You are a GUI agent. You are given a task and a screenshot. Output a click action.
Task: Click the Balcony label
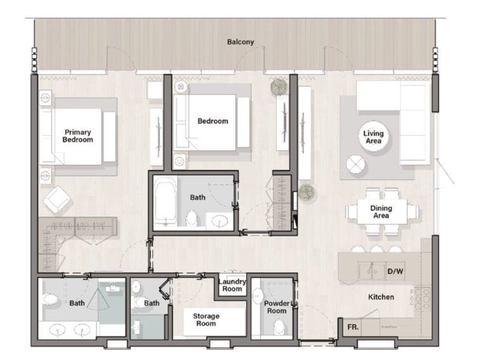tap(240, 42)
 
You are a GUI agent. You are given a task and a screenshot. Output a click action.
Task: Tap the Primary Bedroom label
tap(77, 136)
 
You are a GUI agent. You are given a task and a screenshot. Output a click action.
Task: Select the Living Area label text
tap(373, 137)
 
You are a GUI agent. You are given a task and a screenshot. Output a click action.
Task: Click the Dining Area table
tap(381, 212)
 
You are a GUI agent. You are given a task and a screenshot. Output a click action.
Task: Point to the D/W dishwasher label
tap(394, 271)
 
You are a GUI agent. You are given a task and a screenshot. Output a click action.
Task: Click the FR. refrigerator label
tap(352, 328)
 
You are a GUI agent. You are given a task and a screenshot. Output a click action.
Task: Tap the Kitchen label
tap(381, 297)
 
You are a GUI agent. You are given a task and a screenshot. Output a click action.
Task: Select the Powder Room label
tap(276, 307)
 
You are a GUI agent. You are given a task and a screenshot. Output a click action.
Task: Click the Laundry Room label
tap(231, 285)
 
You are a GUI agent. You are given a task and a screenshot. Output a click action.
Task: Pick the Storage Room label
tap(206, 319)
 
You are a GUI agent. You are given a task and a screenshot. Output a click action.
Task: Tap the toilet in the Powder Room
tap(278, 328)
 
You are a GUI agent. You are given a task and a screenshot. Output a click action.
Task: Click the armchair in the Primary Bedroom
tap(57, 200)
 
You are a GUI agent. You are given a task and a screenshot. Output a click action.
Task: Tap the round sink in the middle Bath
tap(220, 221)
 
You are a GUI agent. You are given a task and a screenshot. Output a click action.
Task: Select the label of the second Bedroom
tap(212, 121)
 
